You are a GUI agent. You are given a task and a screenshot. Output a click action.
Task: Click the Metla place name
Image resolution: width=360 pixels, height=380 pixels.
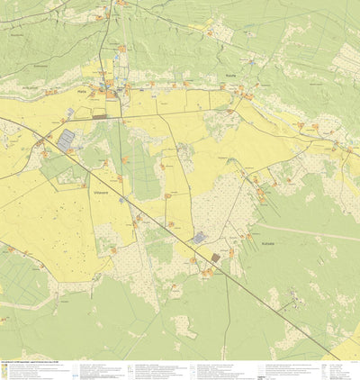(x=82, y=91)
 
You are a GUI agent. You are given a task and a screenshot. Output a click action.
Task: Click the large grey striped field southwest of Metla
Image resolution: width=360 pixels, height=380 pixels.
(x=66, y=140)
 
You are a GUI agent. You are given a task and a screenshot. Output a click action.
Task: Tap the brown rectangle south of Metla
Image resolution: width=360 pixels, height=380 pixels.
(x=100, y=116)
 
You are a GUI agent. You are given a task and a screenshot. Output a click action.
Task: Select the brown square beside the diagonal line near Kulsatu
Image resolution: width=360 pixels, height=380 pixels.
(x=215, y=258)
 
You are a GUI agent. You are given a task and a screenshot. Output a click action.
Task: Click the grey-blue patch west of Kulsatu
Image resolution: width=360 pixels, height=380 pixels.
(x=198, y=238)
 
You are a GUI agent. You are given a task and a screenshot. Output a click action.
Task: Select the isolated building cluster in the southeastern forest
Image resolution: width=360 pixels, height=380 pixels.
(x=288, y=306)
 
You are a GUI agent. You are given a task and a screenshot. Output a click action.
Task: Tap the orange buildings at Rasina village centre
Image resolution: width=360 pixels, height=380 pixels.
(x=232, y=86)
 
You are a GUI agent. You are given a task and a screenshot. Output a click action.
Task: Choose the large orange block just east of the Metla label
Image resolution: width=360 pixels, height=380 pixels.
(x=110, y=93)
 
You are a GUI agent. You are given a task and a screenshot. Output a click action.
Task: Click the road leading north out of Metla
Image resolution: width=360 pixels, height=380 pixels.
(x=106, y=45)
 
